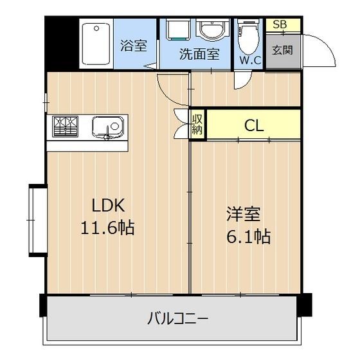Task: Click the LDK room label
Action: pos(107,206)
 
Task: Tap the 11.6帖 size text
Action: pos(107,228)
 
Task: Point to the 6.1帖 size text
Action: pos(247,236)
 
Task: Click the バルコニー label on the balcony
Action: pos(178,318)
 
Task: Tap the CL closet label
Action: pos(254,125)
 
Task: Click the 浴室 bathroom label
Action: pos(134,46)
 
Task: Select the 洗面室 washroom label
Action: pos(199,54)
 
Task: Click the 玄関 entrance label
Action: pos(282,50)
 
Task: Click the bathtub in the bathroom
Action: pos(96,42)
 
